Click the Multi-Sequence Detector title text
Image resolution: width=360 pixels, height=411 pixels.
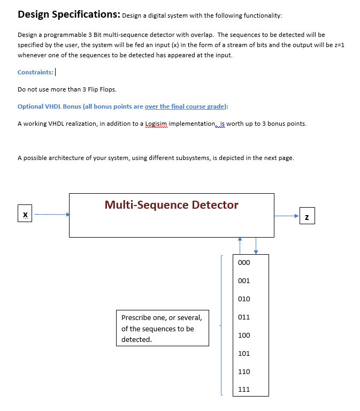pos(171,205)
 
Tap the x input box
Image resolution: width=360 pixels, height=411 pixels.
pos(25,215)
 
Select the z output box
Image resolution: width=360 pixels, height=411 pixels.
pos(307,216)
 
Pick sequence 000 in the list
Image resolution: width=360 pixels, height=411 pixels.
pos(243,263)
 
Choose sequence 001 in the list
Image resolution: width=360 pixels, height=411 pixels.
pos(243,281)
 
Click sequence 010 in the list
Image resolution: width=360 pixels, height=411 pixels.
pos(243,299)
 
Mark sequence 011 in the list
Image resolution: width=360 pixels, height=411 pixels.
pos(243,317)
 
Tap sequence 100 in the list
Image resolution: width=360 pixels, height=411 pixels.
pos(243,336)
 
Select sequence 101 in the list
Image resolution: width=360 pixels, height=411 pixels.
pos(243,354)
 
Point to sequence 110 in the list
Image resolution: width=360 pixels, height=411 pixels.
pos(243,372)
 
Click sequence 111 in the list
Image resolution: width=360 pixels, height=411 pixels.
pos(243,390)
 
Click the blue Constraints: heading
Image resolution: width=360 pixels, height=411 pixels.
pos(36,72)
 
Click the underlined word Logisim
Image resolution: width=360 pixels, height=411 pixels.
pos(157,124)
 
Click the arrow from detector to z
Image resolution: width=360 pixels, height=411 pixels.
pos(287,216)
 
